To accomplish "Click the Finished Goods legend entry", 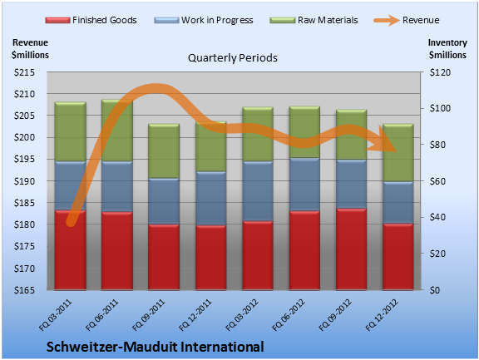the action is (x=91, y=20).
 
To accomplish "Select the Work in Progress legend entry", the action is (x=204, y=20).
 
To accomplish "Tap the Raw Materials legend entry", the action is (x=314, y=20).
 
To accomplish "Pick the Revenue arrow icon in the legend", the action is (x=387, y=21).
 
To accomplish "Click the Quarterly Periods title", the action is (x=233, y=57).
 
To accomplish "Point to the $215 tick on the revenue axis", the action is (x=24, y=72).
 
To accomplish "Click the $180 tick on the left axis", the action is (x=24, y=224).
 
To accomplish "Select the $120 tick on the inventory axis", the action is (x=440, y=72).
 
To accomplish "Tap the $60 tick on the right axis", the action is (x=437, y=181).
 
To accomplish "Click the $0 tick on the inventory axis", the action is (x=435, y=290).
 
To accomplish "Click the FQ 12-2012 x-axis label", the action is (x=382, y=315).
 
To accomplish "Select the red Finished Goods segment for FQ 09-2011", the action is (x=164, y=257).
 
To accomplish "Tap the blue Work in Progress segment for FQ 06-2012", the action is (x=304, y=185).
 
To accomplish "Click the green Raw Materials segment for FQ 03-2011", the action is (x=70, y=131).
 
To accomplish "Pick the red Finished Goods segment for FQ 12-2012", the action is (x=398, y=257).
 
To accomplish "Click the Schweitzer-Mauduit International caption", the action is (x=156, y=347).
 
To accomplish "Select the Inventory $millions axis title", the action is (x=447, y=49).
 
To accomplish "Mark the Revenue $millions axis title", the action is (x=30, y=49).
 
